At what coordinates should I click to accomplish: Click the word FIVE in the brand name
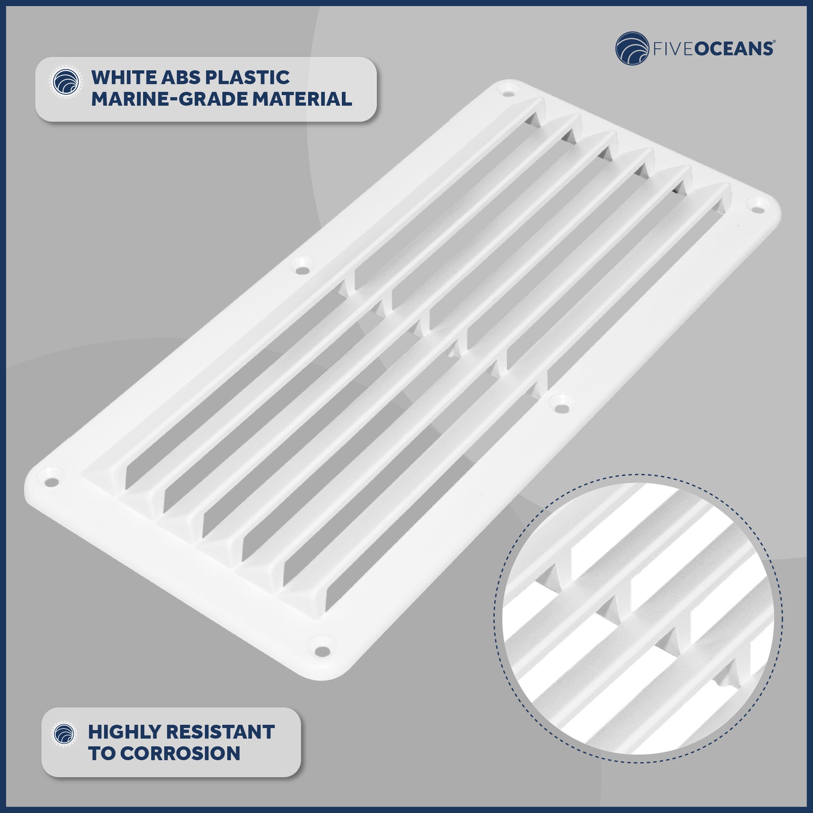pos(673,49)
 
